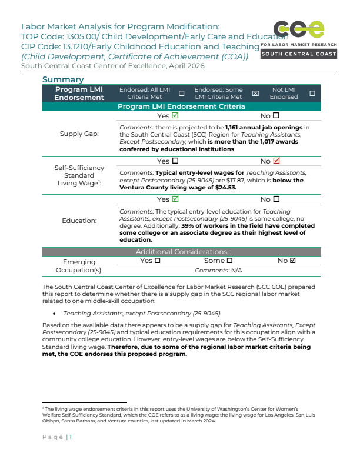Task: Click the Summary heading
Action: [x=63, y=79]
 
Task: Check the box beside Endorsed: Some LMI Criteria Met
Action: [x=255, y=94]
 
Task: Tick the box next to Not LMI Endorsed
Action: [x=312, y=94]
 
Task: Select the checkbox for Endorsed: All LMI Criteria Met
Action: [x=181, y=94]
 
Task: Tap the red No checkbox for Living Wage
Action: [x=276, y=161]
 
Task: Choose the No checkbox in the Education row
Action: [x=276, y=199]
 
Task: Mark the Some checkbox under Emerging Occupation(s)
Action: [x=229, y=261]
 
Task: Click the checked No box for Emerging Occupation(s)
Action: [x=292, y=261]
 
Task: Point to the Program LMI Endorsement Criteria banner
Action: [x=181, y=106]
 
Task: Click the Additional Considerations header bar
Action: [x=181, y=251]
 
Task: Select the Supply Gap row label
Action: [x=79, y=134]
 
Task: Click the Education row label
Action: [x=79, y=221]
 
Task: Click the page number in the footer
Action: [x=70, y=437]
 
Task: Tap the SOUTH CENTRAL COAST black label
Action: [x=299, y=54]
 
